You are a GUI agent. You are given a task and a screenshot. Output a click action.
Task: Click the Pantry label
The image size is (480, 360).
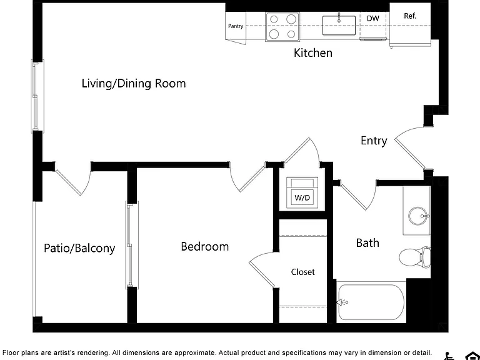click(236, 26)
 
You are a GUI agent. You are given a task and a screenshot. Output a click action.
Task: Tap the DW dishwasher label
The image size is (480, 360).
click(373, 18)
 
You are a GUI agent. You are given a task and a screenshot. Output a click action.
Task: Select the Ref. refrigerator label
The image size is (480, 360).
click(410, 16)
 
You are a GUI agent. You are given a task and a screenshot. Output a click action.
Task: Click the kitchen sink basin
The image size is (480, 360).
click(339, 26)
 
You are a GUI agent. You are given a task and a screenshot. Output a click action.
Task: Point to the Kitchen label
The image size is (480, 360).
click(313, 52)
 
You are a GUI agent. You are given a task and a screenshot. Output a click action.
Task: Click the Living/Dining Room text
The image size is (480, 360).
click(134, 83)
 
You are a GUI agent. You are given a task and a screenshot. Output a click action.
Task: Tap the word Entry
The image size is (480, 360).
click(374, 141)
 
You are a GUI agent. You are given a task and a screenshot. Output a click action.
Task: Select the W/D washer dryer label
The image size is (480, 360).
click(302, 197)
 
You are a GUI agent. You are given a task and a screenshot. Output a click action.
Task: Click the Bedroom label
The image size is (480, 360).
click(205, 246)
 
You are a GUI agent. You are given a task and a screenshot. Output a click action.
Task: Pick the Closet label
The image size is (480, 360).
click(302, 272)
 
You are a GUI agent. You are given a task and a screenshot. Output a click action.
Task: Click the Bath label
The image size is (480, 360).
click(367, 242)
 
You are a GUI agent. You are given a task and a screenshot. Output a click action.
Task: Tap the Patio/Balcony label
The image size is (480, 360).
click(79, 248)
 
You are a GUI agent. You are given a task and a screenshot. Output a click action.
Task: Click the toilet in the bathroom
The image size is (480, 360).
click(415, 256)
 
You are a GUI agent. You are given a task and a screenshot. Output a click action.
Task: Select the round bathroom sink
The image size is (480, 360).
click(417, 216)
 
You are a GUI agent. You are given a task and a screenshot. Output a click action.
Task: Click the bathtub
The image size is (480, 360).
click(371, 302)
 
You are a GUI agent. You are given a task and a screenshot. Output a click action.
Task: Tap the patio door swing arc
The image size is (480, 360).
click(87, 184)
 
